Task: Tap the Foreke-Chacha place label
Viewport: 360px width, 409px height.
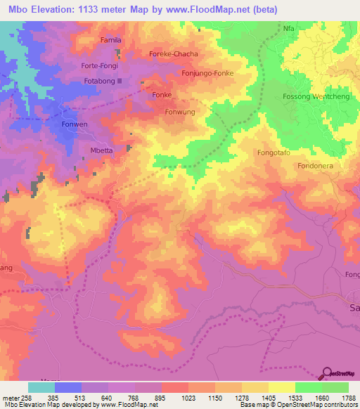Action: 174,54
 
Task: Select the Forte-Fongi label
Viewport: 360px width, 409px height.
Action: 99,66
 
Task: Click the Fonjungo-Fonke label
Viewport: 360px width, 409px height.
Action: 207,72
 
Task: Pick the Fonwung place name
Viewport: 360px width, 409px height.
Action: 180,111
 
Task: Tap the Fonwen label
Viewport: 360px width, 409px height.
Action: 74,124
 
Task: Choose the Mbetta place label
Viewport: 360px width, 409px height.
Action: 103,149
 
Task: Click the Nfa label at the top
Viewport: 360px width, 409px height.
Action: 288,29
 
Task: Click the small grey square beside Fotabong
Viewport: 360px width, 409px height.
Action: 120,81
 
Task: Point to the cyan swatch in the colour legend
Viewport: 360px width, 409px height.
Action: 41,387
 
